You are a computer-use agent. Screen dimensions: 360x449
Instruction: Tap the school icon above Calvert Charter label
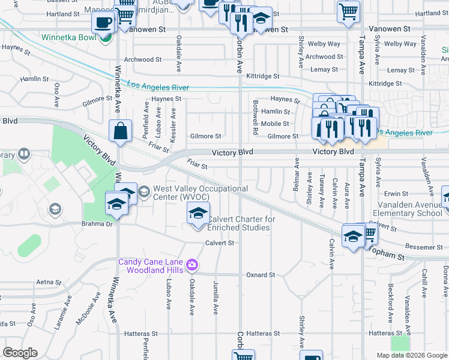pyautogui.click(x=198, y=214)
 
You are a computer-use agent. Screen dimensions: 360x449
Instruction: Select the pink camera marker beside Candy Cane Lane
pyautogui.click(x=193, y=265)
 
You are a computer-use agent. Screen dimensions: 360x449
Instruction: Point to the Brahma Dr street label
pyautogui.click(x=97, y=224)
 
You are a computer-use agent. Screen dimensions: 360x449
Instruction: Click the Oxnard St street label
pyautogui.click(x=260, y=275)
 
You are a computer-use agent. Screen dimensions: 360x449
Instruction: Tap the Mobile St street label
pyautogui.click(x=279, y=124)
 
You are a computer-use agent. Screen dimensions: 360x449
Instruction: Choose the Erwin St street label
pyautogui.click(x=396, y=194)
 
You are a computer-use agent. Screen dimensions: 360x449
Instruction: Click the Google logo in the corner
pyautogui.click(x=19, y=353)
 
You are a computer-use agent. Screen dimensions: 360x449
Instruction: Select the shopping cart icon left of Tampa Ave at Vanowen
pyautogui.click(x=348, y=11)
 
